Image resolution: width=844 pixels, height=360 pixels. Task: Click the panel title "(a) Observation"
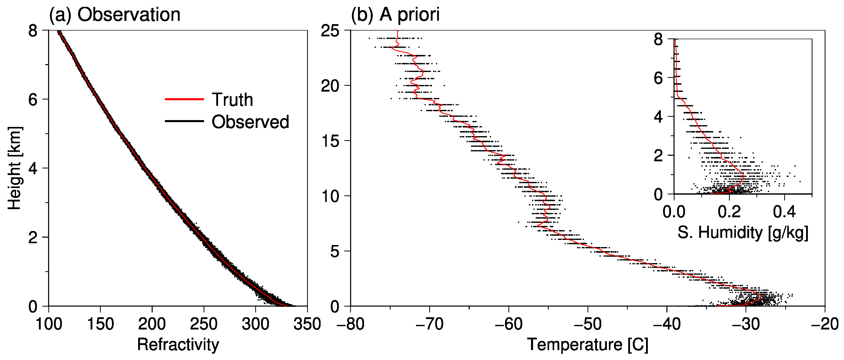pyautogui.click(x=115, y=15)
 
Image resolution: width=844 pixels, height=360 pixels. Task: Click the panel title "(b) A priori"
pyautogui.click(x=395, y=15)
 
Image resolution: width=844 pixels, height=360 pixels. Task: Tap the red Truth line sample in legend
pyautogui.click(x=184, y=99)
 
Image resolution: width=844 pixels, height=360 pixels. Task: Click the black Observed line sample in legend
pyautogui.click(x=184, y=121)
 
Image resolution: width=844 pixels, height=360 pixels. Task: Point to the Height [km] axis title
pyautogui.click(x=15, y=168)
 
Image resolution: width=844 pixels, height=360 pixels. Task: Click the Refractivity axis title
pyautogui.click(x=178, y=344)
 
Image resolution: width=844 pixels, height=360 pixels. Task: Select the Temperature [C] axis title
pyautogui.click(x=588, y=344)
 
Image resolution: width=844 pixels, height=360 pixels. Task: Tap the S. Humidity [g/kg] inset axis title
pyautogui.click(x=743, y=233)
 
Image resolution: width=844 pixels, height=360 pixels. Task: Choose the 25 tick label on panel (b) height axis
pyautogui.click(x=330, y=31)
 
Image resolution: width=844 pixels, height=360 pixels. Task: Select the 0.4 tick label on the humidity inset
pyautogui.click(x=784, y=212)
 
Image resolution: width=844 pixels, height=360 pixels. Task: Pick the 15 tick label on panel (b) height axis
pyautogui.click(x=330, y=141)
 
